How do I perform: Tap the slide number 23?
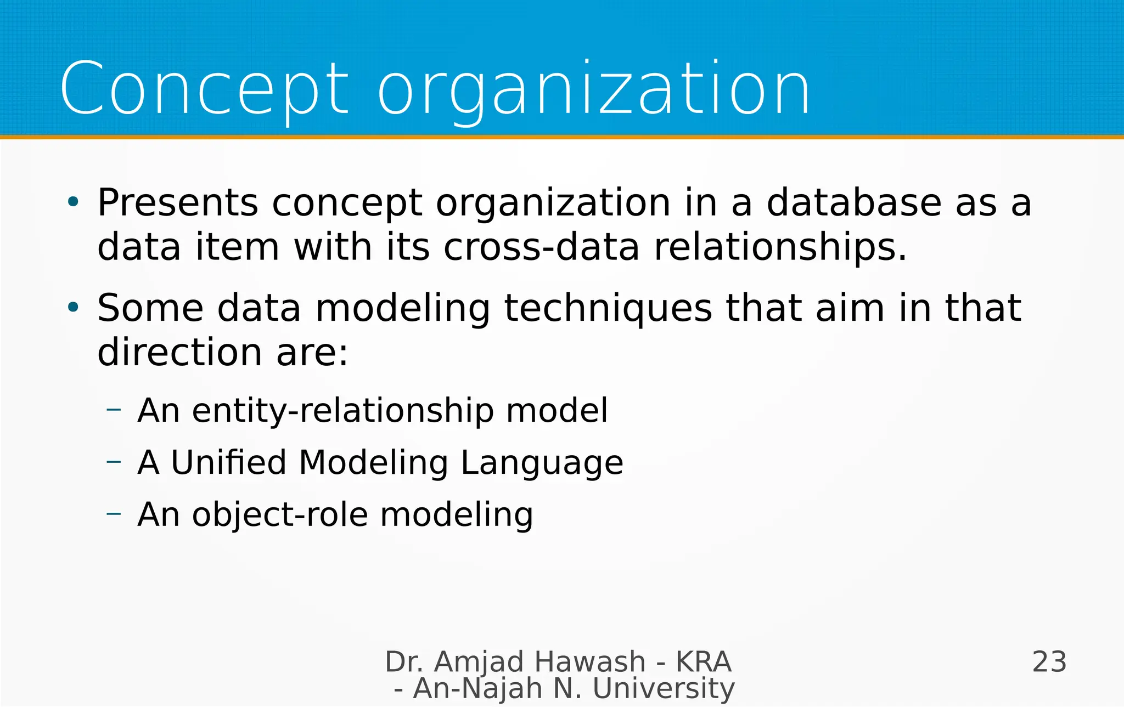coord(1049,662)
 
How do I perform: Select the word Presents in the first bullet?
coord(177,203)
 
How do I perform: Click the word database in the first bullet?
coord(853,203)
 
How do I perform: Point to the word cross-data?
coord(541,247)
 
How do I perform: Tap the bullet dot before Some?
coord(73,308)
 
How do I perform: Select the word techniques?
coord(608,309)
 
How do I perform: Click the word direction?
coord(179,352)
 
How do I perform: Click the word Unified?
coord(228,462)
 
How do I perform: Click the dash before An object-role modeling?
coord(114,513)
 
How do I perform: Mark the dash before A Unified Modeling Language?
coord(114,462)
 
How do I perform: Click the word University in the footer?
coord(664,689)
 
